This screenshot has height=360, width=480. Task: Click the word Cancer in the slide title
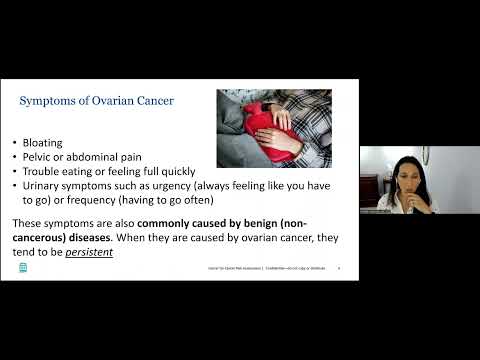tap(151, 102)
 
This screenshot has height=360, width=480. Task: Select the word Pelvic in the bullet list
tap(47, 157)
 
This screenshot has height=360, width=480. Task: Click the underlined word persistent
tap(90, 253)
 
